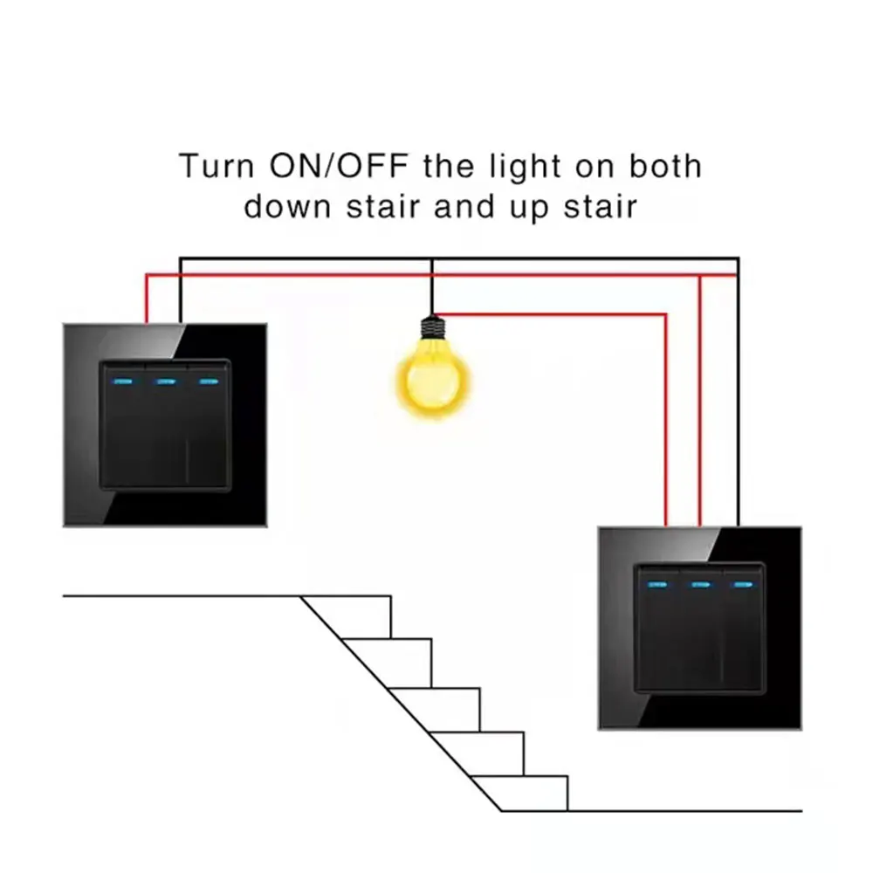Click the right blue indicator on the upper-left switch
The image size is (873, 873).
tap(208, 381)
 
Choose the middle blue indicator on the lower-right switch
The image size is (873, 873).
tap(699, 584)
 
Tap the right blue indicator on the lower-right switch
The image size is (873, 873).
tap(744, 584)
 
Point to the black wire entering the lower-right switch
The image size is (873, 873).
tap(738, 436)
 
